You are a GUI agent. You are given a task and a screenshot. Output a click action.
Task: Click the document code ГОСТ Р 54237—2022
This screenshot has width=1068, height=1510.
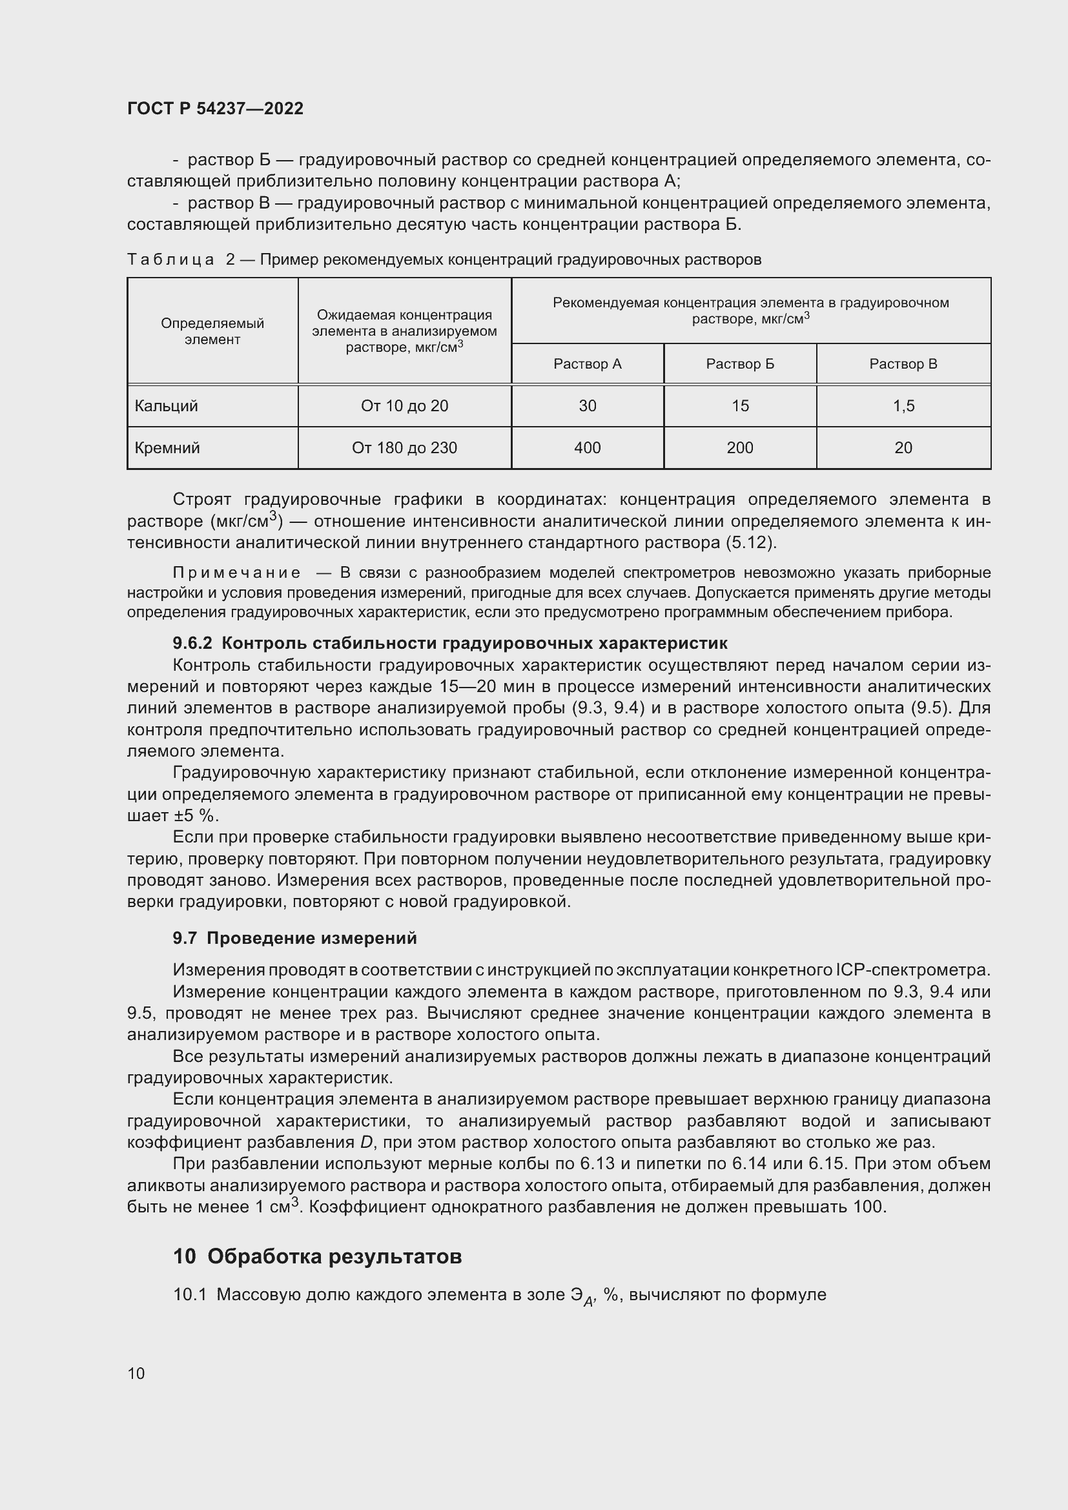tap(215, 108)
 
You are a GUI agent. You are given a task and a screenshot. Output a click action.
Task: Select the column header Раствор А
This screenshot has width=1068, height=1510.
tap(586, 363)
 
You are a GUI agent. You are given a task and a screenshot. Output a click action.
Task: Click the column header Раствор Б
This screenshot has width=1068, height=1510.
tap(740, 363)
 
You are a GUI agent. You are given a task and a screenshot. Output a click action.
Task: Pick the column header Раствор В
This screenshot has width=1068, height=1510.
tap(903, 363)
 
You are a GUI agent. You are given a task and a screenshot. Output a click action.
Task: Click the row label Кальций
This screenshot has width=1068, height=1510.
tap(166, 406)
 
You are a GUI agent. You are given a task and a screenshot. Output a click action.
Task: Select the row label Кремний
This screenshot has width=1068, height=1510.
tap(167, 448)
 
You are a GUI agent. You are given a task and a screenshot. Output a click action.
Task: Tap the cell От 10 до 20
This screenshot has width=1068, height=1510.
tap(404, 406)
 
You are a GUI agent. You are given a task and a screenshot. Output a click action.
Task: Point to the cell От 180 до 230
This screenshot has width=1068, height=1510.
tap(404, 448)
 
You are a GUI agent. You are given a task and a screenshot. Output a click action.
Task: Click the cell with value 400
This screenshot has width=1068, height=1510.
tap(586, 448)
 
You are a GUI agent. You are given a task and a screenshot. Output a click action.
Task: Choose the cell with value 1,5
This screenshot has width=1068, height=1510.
tap(903, 406)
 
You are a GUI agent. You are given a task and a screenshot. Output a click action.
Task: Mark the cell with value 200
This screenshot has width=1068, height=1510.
tap(740, 448)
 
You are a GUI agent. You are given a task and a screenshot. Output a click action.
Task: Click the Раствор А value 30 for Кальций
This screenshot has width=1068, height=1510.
tap(586, 406)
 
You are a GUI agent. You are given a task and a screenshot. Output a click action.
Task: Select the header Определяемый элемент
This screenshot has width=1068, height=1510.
tap(212, 331)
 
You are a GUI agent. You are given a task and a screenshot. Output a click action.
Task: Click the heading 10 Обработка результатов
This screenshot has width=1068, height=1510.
tap(317, 1256)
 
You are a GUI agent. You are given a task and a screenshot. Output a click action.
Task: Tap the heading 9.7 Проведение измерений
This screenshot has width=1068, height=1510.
tap(294, 938)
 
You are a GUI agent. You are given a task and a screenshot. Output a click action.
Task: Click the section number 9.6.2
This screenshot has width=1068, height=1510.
tap(192, 642)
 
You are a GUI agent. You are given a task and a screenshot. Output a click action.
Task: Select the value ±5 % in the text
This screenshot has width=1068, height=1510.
tap(195, 816)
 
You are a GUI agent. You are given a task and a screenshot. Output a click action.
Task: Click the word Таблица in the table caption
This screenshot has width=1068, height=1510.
tap(170, 260)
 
